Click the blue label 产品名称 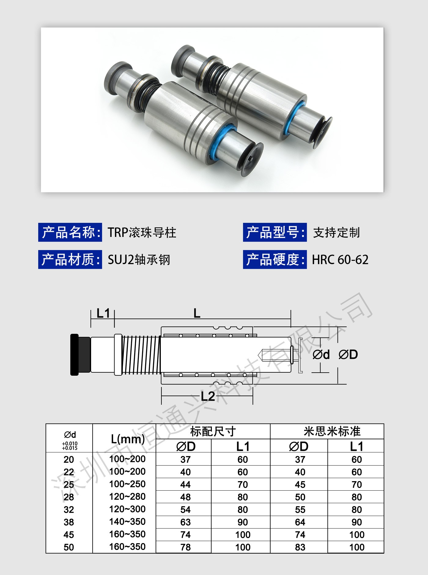tap(70, 232)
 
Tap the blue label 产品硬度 tap(275, 260)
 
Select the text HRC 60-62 tap(340, 260)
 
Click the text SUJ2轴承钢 tap(139, 260)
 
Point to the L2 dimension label tap(208, 396)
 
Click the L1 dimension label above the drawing tap(103, 313)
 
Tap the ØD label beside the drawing tap(348, 355)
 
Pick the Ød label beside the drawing tap(321, 355)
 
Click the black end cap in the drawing tap(74, 355)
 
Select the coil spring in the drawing tap(141, 355)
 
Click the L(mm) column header tap(127, 439)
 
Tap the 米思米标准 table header tap(332, 431)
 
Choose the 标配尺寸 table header tap(213, 431)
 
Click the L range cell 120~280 tap(127, 496)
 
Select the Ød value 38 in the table tap(69, 522)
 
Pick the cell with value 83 tap(300, 547)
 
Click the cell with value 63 tap(186, 522)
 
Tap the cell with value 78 tap(186, 547)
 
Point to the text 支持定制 tap(336, 233)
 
